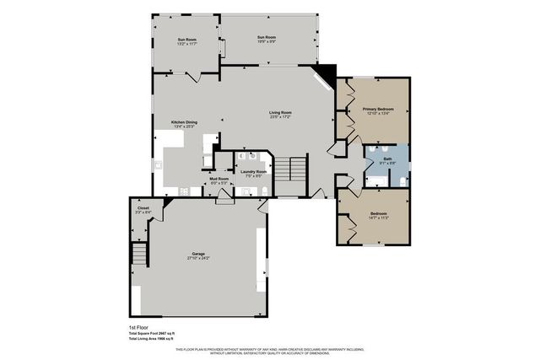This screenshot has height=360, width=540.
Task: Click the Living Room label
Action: click(x=280, y=113)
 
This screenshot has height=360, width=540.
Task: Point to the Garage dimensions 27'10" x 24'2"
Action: click(x=199, y=258)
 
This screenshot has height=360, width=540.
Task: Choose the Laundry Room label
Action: click(x=253, y=172)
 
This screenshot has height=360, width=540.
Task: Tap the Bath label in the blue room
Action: click(x=387, y=159)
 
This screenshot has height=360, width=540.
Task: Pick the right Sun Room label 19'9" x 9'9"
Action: click(x=267, y=38)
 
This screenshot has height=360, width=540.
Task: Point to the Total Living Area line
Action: click(x=146, y=338)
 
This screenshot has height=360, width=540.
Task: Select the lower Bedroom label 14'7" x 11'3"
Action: click(x=378, y=215)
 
